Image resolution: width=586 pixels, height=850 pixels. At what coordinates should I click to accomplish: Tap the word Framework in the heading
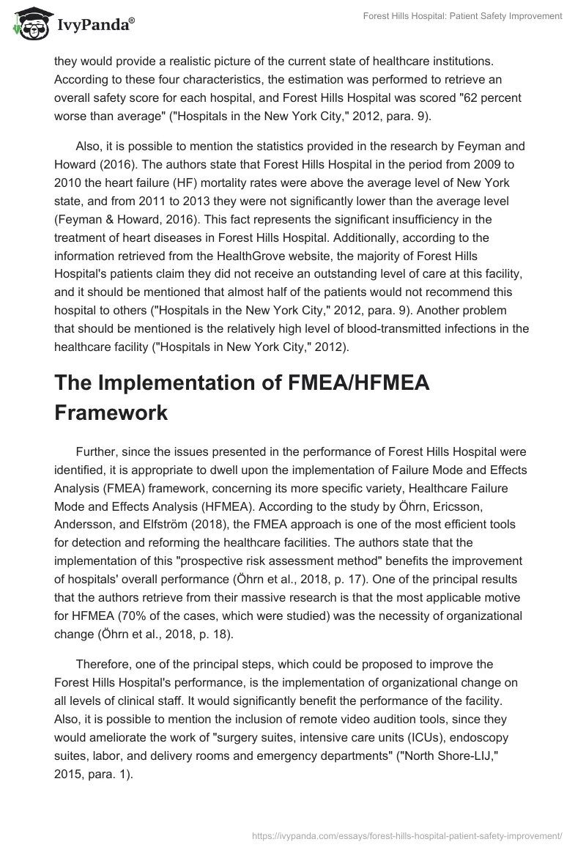(x=111, y=412)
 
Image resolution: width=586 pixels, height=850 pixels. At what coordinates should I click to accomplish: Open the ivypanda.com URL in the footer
(x=407, y=834)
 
